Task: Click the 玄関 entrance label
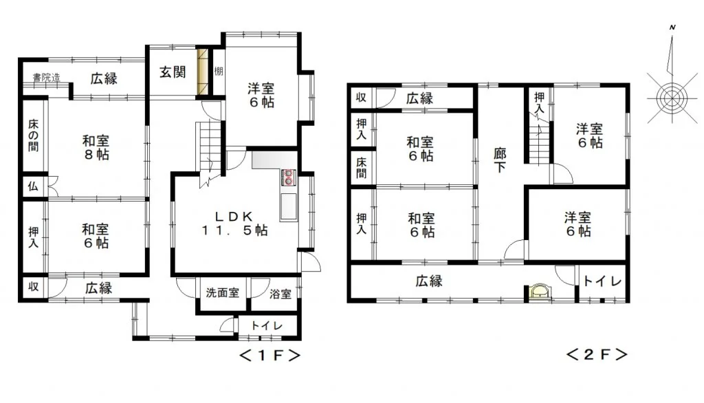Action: click(x=173, y=72)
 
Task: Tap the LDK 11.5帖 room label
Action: click(x=234, y=224)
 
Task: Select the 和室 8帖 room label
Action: click(x=96, y=148)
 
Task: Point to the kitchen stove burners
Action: click(x=288, y=177)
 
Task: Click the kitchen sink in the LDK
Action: click(x=289, y=207)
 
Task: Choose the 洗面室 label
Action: click(x=222, y=293)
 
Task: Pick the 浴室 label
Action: click(x=280, y=294)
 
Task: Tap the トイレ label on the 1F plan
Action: click(x=267, y=325)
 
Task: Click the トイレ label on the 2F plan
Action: click(x=602, y=281)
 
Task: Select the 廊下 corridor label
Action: click(x=500, y=160)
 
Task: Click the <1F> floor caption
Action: click(x=269, y=356)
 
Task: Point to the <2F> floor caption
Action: click(x=596, y=354)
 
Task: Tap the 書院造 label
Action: click(x=46, y=77)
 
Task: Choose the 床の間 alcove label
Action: click(x=33, y=135)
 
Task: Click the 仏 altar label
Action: click(x=33, y=186)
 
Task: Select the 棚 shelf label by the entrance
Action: click(x=219, y=71)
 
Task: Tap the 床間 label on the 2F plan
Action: click(x=362, y=168)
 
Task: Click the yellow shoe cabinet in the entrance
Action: click(x=203, y=72)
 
